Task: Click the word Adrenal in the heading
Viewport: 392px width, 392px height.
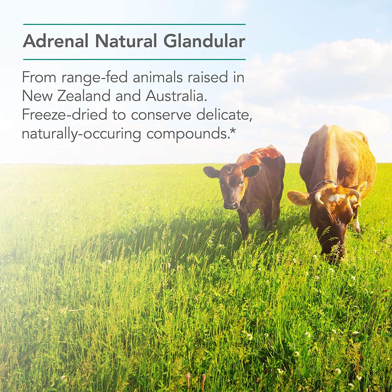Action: pos(55,41)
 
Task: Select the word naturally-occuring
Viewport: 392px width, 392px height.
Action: pos(81,134)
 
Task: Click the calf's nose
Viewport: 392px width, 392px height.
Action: pos(231,204)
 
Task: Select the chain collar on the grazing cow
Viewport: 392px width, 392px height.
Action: pos(324,183)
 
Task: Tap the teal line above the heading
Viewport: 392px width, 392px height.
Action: pos(134,24)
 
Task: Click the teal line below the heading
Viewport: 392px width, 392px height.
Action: pos(134,59)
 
